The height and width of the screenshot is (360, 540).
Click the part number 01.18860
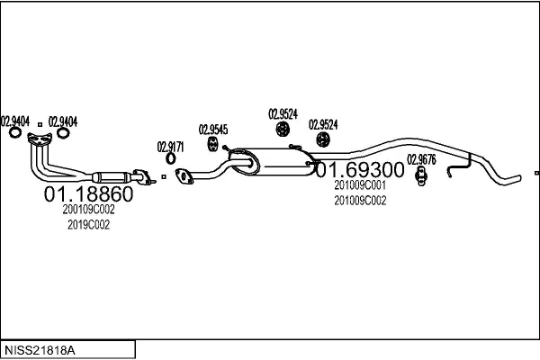87,193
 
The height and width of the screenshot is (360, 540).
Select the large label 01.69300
359,170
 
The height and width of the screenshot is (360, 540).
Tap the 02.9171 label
171,147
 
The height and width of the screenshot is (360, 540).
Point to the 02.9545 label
212,129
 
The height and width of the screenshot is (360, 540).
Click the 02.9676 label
421,160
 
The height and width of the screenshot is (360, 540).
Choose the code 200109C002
89,209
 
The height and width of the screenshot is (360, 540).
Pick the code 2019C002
88,225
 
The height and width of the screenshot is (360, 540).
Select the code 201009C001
359,184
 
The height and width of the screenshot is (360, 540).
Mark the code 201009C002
359,201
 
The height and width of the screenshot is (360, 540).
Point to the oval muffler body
269,163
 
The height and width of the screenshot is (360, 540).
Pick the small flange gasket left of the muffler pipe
184,175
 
